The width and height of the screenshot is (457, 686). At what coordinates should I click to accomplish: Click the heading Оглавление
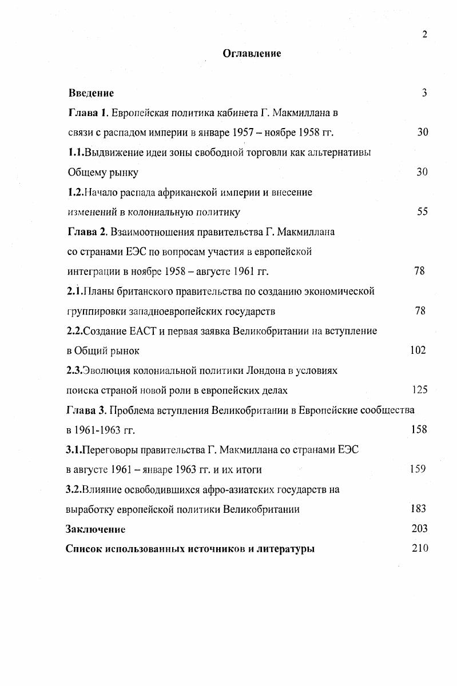point(252,54)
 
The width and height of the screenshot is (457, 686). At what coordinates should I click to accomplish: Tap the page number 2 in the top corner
point(424,34)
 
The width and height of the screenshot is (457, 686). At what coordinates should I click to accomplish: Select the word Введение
point(91,93)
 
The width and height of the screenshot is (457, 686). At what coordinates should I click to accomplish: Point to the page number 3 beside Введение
point(424,93)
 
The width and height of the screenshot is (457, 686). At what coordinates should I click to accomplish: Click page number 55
point(423,212)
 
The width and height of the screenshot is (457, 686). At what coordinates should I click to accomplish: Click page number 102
point(418,350)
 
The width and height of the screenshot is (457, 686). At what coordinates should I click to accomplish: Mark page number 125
point(420,390)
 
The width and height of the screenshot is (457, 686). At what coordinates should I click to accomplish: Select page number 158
point(419,429)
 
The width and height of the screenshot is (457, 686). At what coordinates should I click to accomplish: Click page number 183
point(418,508)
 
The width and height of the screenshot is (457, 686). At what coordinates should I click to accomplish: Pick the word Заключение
point(96,529)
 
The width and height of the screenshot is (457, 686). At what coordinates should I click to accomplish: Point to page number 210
point(419,549)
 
